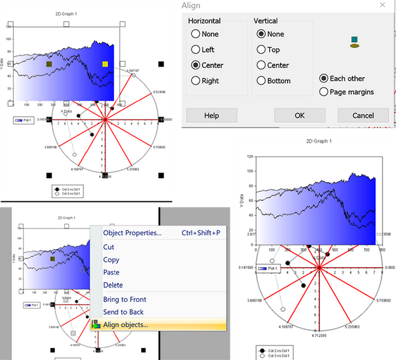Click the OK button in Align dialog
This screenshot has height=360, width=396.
(x=299, y=115)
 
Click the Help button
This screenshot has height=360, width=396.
(x=211, y=115)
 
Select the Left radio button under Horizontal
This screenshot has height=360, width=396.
(x=195, y=49)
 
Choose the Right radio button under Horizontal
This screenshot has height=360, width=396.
(x=195, y=81)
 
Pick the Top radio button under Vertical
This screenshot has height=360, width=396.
(x=261, y=49)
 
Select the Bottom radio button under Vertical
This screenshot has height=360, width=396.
(x=261, y=81)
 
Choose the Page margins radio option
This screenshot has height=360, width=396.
(x=323, y=92)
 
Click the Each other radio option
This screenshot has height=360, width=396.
(x=323, y=78)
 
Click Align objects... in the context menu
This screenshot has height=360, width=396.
(x=125, y=324)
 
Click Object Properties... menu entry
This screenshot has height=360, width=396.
(x=132, y=233)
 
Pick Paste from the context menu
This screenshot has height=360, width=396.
(x=112, y=272)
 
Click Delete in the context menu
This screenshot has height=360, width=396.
(x=113, y=285)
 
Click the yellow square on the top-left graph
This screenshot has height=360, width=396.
(x=104, y=64)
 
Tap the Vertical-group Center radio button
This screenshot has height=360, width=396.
(x=261, y=65)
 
